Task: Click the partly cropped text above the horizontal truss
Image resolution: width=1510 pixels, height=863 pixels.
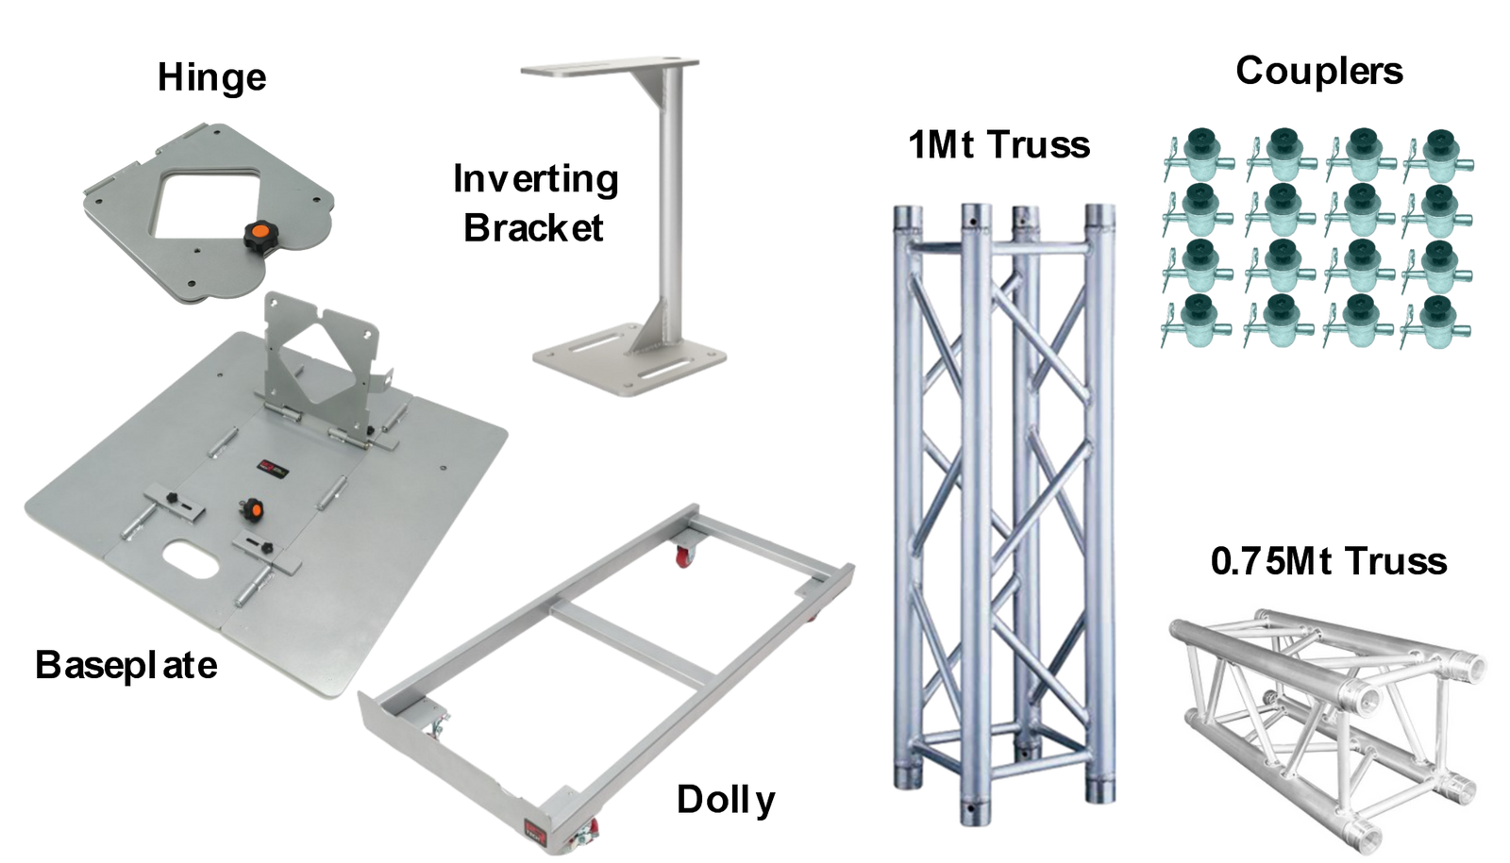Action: tap(1328, 570)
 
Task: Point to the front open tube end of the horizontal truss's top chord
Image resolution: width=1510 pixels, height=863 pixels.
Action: tap(1366, 699)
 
